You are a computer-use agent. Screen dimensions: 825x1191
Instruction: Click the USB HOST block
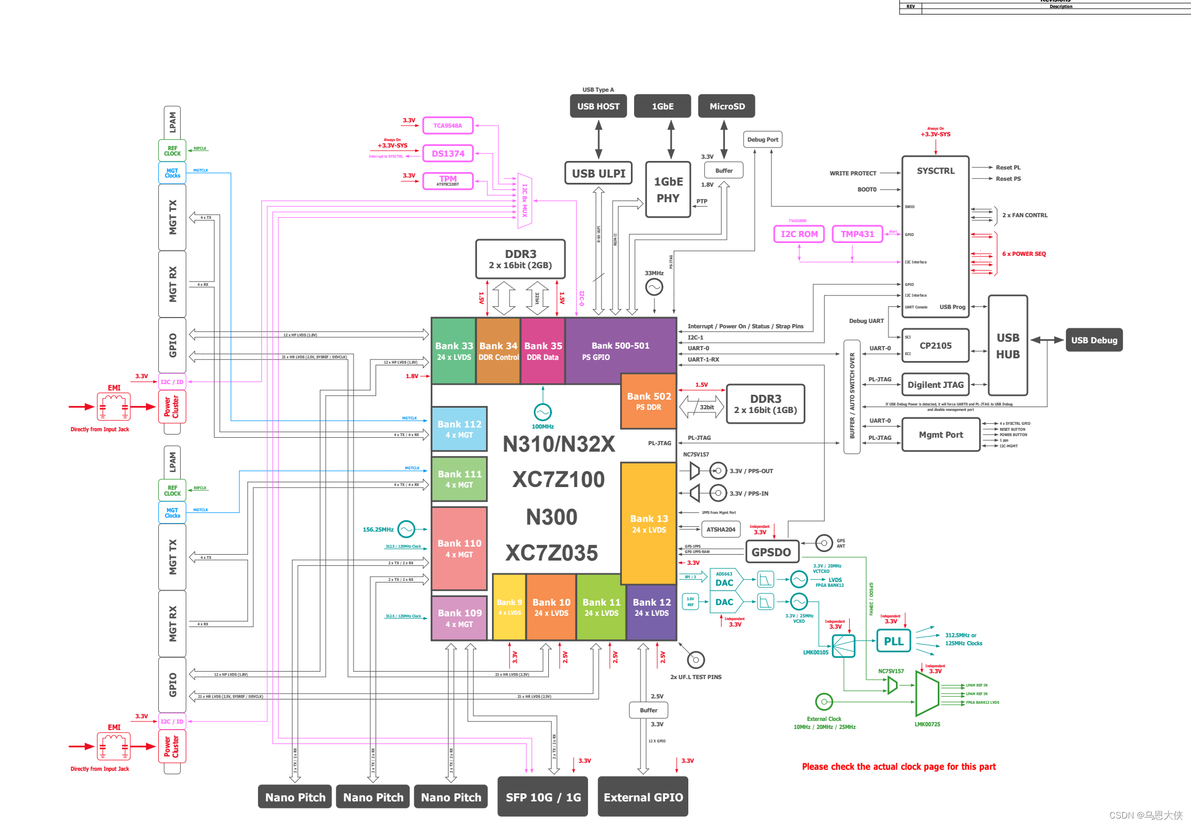598,106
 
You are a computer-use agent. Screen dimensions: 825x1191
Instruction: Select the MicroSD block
726,106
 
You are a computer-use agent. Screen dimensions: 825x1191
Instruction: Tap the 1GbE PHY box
668,190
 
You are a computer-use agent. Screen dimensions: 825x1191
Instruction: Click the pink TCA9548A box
448,126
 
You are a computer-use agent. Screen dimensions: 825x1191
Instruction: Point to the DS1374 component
448,153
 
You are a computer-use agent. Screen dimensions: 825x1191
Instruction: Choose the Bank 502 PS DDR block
649,401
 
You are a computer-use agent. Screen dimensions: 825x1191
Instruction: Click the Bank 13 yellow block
649,524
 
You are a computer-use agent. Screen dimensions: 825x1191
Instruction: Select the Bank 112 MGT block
459,429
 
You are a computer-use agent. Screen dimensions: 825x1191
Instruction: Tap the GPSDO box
771,552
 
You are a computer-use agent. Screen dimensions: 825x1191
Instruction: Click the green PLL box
893,641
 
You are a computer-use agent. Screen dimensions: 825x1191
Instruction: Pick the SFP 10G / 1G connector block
542,797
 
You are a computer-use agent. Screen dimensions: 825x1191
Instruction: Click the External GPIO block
643,797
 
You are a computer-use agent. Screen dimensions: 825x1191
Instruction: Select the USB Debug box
1094,340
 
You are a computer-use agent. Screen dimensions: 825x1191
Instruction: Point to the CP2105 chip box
936,345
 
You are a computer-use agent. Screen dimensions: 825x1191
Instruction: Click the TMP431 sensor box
857,234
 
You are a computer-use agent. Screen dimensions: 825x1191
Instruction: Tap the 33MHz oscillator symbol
654,288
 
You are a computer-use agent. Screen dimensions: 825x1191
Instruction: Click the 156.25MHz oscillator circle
406,529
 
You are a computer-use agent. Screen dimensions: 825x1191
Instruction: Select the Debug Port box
762,139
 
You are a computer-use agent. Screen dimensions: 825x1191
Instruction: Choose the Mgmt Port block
940,434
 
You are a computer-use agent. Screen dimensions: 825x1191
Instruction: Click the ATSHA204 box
721,529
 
